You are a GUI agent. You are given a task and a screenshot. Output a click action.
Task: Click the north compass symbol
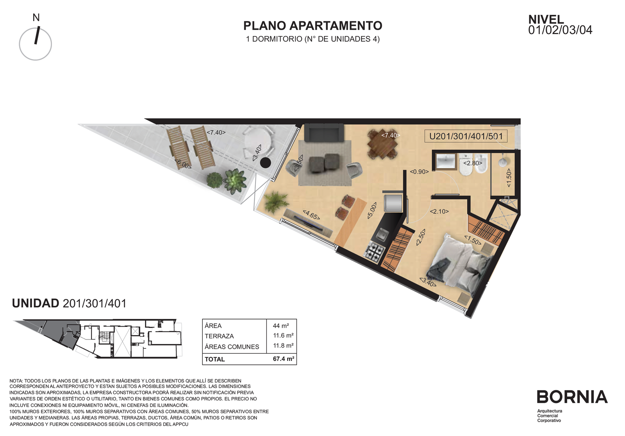[x=36, y=43]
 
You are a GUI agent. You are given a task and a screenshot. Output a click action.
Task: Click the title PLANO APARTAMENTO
[x=312, y=26]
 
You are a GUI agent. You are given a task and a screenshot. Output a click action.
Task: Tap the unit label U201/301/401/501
[x=466, y=136]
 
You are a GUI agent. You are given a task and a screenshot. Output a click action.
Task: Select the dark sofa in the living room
[x=324, y=133]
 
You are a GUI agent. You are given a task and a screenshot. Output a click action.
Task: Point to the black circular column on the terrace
[x=265, y=163]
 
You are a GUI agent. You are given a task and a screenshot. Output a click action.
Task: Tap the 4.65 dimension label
[x=311, y=215]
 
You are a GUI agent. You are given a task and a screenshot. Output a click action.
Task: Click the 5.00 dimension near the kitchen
[x=372, y=210]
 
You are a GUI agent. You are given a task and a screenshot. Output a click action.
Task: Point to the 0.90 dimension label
[x=419, y=172]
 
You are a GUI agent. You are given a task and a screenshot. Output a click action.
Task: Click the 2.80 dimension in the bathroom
[x=473, y=163]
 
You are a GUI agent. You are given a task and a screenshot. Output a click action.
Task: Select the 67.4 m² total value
[x=284, y=359]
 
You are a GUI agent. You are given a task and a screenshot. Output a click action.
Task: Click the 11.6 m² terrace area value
[x=283, y=336]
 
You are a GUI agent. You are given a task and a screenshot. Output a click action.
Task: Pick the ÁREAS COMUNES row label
[x=232, y=346]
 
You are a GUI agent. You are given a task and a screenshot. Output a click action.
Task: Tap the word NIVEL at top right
[x=546, y=20]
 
